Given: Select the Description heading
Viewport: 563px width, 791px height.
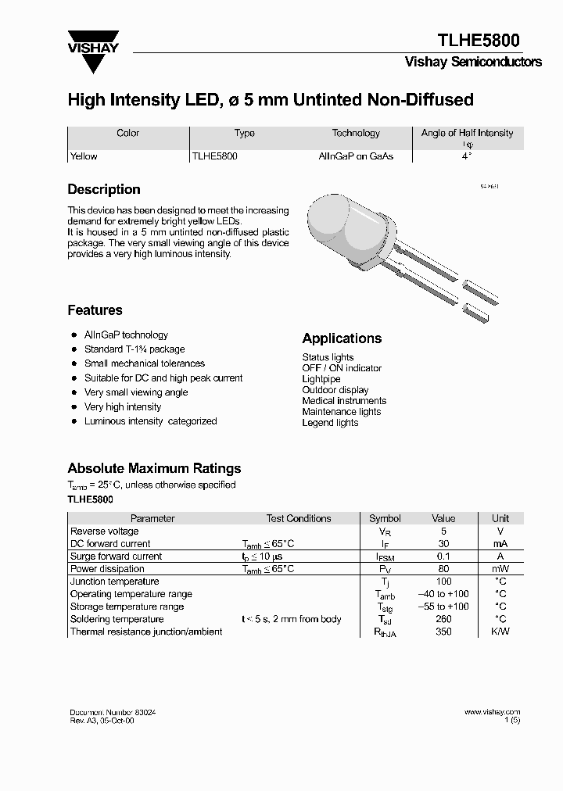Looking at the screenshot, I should (104, 190).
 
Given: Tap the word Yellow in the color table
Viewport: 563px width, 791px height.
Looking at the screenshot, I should (84, 156).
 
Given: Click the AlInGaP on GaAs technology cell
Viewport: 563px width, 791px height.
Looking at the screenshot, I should (356, 156).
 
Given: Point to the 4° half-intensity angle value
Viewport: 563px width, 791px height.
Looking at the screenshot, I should (467, 156).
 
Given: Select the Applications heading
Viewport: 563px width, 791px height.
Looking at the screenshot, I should (342, 338).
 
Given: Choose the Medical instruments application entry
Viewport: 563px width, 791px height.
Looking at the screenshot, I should (344, 401).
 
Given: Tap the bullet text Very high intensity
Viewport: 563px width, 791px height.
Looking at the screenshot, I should (123, 407).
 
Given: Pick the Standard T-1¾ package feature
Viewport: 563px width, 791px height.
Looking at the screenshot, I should (134, 349).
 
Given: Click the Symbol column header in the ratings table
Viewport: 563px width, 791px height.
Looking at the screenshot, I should (384, 518).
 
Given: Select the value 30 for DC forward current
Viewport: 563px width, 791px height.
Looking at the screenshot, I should (443, 544).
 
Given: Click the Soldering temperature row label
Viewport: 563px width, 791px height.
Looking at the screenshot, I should (117, 619).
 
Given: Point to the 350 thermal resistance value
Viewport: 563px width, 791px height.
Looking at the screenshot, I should (443, 632).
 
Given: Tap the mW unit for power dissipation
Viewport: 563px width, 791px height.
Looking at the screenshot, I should (500, 569).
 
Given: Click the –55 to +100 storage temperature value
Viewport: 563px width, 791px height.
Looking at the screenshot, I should (443, 607).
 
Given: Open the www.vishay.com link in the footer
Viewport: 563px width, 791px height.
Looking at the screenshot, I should (492, 712).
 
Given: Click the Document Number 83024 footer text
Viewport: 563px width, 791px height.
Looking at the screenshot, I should (117, 713).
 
